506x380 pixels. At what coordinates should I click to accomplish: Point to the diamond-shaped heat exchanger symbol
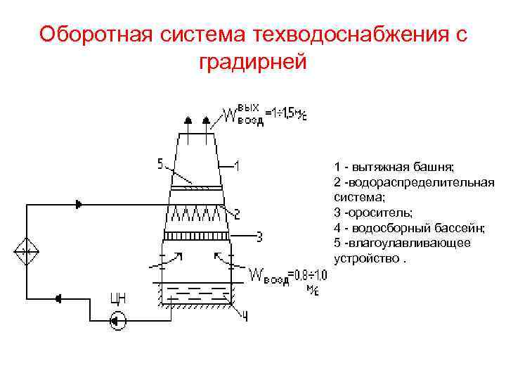point(26,251)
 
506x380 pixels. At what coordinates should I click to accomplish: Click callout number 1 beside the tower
point(238,166)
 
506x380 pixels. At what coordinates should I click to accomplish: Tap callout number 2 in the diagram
point(238,213)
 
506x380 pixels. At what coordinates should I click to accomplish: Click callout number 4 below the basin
point(245,317)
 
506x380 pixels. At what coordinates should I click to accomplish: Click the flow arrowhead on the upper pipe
point(79,204)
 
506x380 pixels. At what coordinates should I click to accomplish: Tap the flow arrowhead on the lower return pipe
point(58,298)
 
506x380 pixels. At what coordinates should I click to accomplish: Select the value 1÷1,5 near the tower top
point(287,113)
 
